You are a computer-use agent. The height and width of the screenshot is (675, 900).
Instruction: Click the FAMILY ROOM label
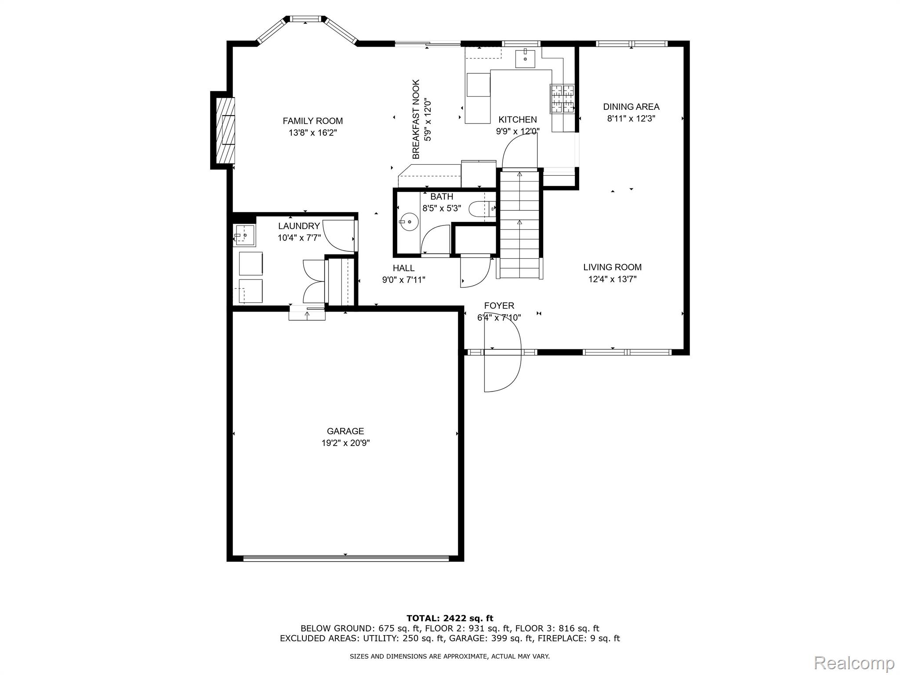312,121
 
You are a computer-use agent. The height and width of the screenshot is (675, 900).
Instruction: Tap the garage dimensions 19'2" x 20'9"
345,443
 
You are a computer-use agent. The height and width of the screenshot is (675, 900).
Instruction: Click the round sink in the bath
409,222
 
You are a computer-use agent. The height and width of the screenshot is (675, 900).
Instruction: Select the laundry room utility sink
243,236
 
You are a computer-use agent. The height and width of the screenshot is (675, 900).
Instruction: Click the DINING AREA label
631,107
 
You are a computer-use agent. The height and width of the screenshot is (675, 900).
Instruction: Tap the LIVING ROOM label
612,267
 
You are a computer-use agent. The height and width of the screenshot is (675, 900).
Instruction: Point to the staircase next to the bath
519,224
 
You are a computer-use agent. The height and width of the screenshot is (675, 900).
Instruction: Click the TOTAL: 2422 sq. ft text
450,619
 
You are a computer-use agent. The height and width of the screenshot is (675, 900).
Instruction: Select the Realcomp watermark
854,662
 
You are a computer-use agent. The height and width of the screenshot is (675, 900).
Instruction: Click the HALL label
403,268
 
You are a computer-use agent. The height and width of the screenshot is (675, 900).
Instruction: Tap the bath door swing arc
435,240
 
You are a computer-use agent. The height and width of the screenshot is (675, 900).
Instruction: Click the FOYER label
499,305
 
